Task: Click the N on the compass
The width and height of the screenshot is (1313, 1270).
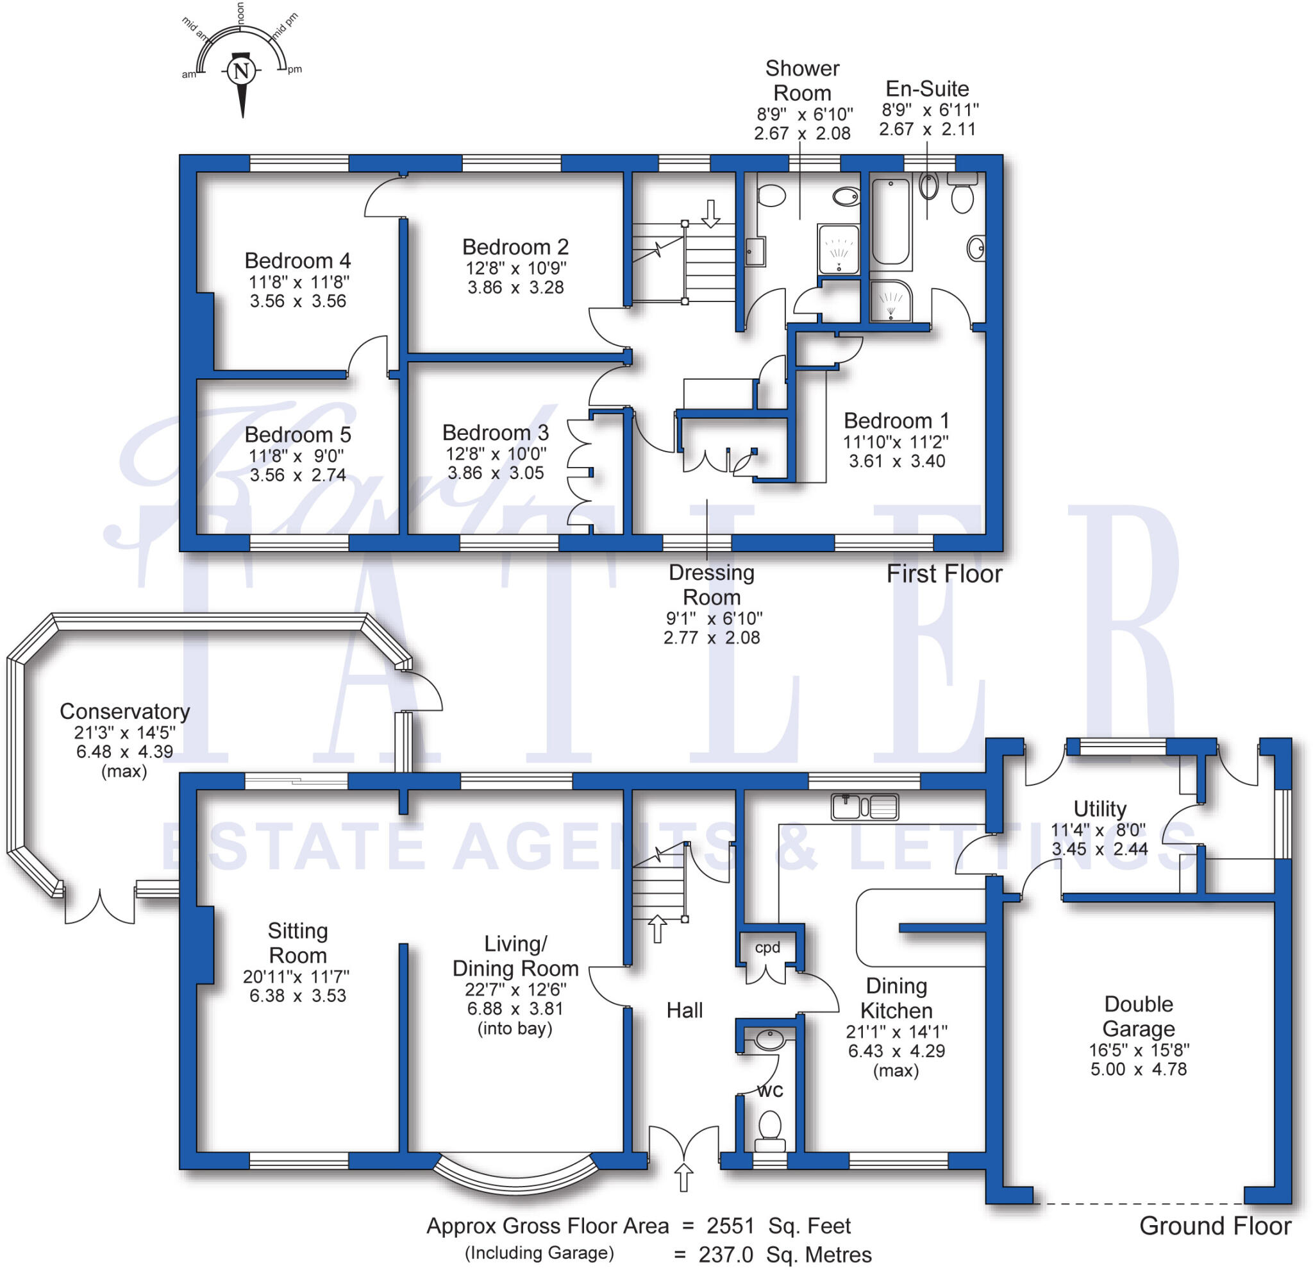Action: (242, 71)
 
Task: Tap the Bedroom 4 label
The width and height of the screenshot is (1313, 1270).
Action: (297, 260)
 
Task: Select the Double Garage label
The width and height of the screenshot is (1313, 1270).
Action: (1138, 1016)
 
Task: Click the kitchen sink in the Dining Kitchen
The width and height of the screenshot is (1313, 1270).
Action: (864, 807)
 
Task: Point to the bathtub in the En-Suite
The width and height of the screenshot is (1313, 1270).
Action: (891, 221)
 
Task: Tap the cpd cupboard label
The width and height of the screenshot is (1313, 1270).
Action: (767, 947)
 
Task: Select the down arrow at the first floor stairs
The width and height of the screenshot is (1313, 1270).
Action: (710, 213)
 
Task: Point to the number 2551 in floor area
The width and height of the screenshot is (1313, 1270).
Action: (730, 1225)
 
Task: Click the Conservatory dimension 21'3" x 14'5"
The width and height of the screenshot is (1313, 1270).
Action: (124, 732)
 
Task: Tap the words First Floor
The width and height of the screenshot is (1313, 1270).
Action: (944, 573)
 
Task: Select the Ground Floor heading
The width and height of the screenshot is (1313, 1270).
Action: (1214, 1226)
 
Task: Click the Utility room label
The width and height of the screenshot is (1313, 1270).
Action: (1100, 809)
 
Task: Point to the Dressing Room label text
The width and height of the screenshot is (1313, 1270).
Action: (712, 584)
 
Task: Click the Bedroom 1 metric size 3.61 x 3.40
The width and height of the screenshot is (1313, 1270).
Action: (897, 461)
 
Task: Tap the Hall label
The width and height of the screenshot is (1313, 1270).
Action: (684, 1011)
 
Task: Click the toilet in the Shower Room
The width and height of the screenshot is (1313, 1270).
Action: (771, 196)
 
